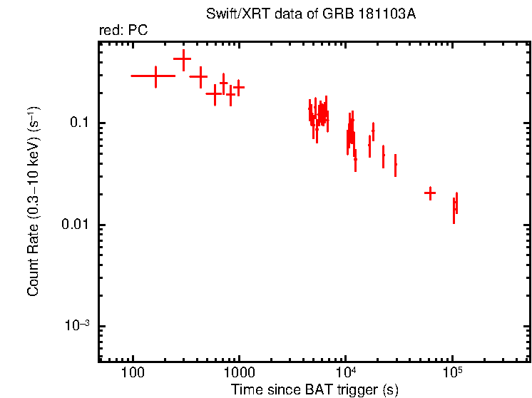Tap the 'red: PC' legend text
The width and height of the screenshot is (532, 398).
click(x=123, y=31)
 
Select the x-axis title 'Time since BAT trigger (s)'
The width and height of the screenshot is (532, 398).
click(x=314, y=389)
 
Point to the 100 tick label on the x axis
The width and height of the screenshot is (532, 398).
click(x=133, y=373)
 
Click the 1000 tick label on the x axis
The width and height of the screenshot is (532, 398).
click(x=239, y=373)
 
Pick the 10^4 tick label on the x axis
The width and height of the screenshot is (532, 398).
click(x=345, y=372)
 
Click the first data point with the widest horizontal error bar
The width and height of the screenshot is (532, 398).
click(x=155, y=76)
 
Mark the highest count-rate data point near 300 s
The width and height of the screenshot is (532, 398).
click(x=183, y=60)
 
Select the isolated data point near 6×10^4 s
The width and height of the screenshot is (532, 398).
click(x=430, y=193)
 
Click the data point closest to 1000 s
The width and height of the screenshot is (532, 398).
click(x=239, y=87)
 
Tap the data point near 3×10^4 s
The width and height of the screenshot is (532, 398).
click(x=395, y=164)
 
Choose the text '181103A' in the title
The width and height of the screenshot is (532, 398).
click(x=390, y=14)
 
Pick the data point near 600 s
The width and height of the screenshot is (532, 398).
click(x=213, y=93)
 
